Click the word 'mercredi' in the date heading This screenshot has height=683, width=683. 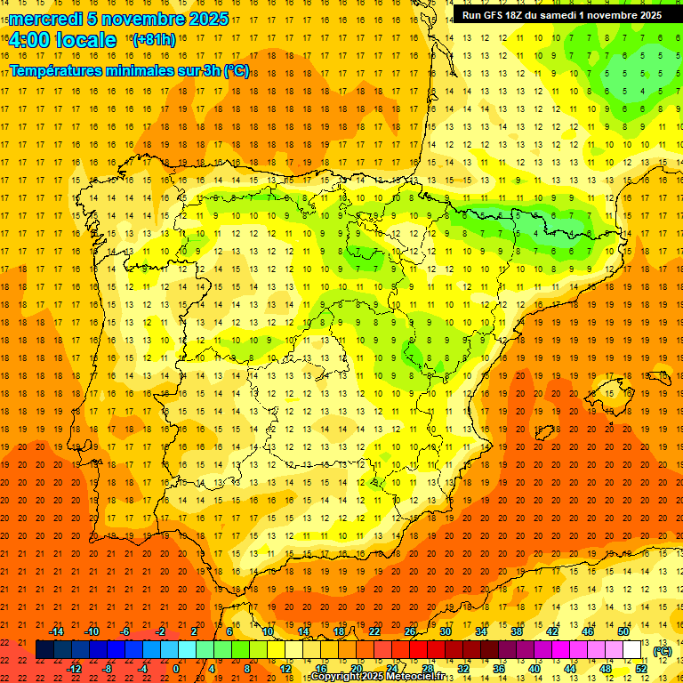(44, 19)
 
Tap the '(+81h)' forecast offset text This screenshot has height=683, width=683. (153, 40)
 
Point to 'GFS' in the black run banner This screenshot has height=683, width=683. (499, 15)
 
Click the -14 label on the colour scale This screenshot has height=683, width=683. (57, 631)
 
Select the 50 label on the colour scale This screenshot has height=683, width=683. (623, 631)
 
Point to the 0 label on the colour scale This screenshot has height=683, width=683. (175, 668)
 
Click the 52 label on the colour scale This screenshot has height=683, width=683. (641, 668)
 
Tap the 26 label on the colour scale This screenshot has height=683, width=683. (410, 631)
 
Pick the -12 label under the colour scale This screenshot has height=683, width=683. (75, 668)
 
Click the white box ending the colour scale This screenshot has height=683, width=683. (632, 650)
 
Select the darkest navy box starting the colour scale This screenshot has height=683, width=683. (44, 650)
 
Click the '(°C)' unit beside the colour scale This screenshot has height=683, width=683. (662, 651)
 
